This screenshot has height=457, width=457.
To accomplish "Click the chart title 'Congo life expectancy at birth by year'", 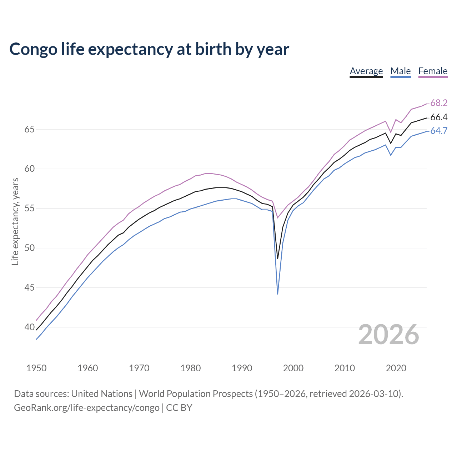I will [x=149, y=49].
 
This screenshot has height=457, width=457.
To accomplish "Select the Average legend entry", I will [x=366, y=71].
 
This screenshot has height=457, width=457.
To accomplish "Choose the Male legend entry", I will [x=400, y=71].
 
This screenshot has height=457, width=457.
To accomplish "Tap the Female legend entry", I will [x=433, y=71].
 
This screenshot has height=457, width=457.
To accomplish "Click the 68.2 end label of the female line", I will [x=439, y=103].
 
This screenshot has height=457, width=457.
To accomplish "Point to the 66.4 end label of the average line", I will [x=439, y=117].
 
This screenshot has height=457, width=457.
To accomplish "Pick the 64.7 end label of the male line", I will [x=439, y=131].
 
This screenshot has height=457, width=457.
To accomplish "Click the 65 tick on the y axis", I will [x=29, y=129].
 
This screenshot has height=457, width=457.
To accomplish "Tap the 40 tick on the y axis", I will [x=29, y=327].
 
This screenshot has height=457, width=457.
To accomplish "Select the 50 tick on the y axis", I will [x=29, y=248].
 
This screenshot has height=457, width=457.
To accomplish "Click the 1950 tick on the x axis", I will [x=36, y=368].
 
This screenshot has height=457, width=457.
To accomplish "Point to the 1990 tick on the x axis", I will [x=242, y=368].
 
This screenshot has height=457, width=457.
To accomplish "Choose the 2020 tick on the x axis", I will [x=396, y=368].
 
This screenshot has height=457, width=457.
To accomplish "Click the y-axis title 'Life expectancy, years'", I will [x=15, y=222].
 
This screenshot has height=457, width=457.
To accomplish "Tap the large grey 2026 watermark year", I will [x=388, y=335].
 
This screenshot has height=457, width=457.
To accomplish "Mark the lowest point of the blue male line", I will [x=277, y=294].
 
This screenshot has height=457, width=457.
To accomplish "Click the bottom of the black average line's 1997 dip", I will [x=277, y=258].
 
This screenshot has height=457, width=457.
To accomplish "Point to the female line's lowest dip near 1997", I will [x=277, y=217].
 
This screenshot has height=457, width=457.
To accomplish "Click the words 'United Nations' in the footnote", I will [x=102, y=394].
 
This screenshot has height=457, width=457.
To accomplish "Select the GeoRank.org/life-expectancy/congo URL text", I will [x=86, y=408].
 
